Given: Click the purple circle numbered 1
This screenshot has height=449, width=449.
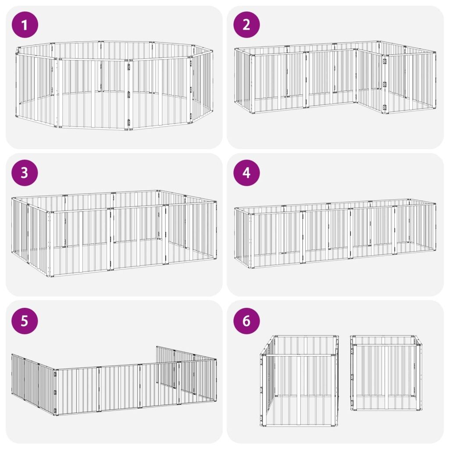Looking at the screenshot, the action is pyautogui.click(x=25, y=25).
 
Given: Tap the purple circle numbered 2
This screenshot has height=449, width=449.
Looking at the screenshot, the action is pyautogui.click(x=246, y=25).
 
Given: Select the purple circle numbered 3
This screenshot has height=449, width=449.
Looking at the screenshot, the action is pyautogui.click(x=25, y=173).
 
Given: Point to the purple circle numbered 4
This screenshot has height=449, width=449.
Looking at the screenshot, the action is pyautogui.click(x=246, y=173).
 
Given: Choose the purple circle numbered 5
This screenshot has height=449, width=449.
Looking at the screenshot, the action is pyautogui.click(x=25, y=321).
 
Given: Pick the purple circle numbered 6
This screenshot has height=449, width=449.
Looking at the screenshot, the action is pyautogui.click(x=246, y=321).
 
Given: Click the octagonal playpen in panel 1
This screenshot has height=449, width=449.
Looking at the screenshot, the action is pyautogui.click(x=114, y=86).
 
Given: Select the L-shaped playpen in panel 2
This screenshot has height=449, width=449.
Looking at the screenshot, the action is pyautogui.click(x=335, y=77).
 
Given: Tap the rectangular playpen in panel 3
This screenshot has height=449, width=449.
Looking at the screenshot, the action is pyautogui.click(x=114, y=233).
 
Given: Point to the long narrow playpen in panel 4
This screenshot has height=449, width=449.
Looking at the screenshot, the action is pyautogui.click(x=335, y=233).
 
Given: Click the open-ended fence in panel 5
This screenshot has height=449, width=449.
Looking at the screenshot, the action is pyautogui.click(x=114, y=381).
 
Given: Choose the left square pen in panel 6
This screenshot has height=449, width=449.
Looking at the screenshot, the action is pyautogui.click(x=299, y=381).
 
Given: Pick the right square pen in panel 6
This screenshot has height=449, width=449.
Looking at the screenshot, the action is pyautogui.click(x=386, y=373).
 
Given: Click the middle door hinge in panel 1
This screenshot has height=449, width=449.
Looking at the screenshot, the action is pyautogui.click(x=129, y=95).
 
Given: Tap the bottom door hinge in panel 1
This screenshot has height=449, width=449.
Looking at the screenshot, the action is pyautogui.click(x=129, y=123).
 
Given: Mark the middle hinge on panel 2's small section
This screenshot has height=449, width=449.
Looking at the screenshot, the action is pyautogui.click(x=385, y=85).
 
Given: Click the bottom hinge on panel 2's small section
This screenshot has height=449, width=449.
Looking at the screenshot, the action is pyautogui.click(x=385, y=108).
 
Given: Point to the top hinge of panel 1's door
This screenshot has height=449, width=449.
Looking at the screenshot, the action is pyautogui.click(x=129, y=67).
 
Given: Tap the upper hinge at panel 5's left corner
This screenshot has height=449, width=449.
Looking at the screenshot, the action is pyautogui.click(x=55, y=374).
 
